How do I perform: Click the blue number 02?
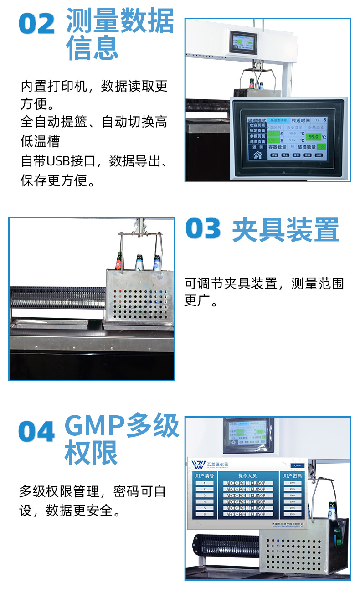pyautogui.click(x=37, y=24)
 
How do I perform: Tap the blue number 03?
pyautogui.click(x=203, y=229)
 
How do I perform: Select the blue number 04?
pyautogui.click(x=37, y=431)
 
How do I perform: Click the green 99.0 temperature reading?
pyautogui.click(x=314, y=137)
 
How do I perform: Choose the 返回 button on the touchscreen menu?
pyautogui.click(x=257, y=147)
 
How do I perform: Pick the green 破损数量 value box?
pyautogui.click(x=322, y=147)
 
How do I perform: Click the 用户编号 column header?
pyautogui.click(x=205, y=476)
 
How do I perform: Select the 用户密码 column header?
pyautogui.click(x=292, y=476)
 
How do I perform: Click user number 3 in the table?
pyautogui.click(x=205, y=495)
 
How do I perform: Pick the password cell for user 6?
pyautogui.click(x=292, y=514)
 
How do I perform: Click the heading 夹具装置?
pyautogui.click(x=286, y=230)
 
